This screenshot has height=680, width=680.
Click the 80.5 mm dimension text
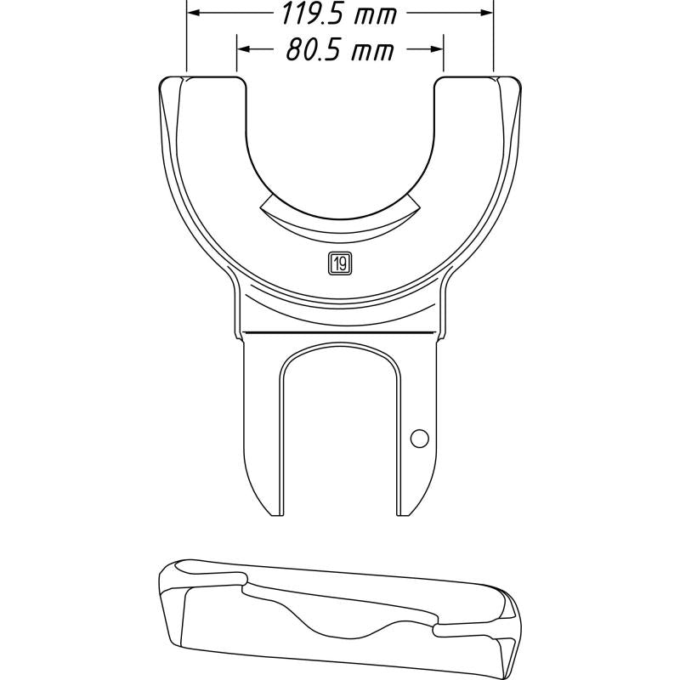pyautogui.click(x=339, y=50)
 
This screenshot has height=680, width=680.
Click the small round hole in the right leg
pyautogui.click(x=418, y=439)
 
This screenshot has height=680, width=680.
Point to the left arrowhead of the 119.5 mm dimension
pyautogui.click(x=192, y=14)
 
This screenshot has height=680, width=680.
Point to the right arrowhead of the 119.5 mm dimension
pyautogui.click(x=488, y=14)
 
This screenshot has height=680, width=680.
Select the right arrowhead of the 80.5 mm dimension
pyautogui.click(x=438, y=50)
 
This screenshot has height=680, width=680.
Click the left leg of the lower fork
pyautogui.click(x=263, y=425)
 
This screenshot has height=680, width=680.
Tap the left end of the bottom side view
pyautogui.click(x=170, y=603)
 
